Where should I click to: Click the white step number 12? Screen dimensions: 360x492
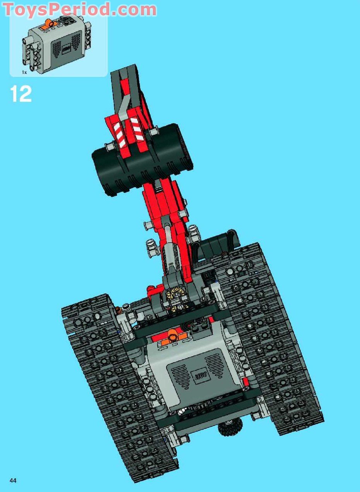[x=21, y=94]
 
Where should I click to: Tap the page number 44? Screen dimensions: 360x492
[x=13, y=473]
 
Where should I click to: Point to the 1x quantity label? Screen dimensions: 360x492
[x=24, y=72]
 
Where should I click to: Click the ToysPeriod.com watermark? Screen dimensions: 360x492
[x=80, y=9]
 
